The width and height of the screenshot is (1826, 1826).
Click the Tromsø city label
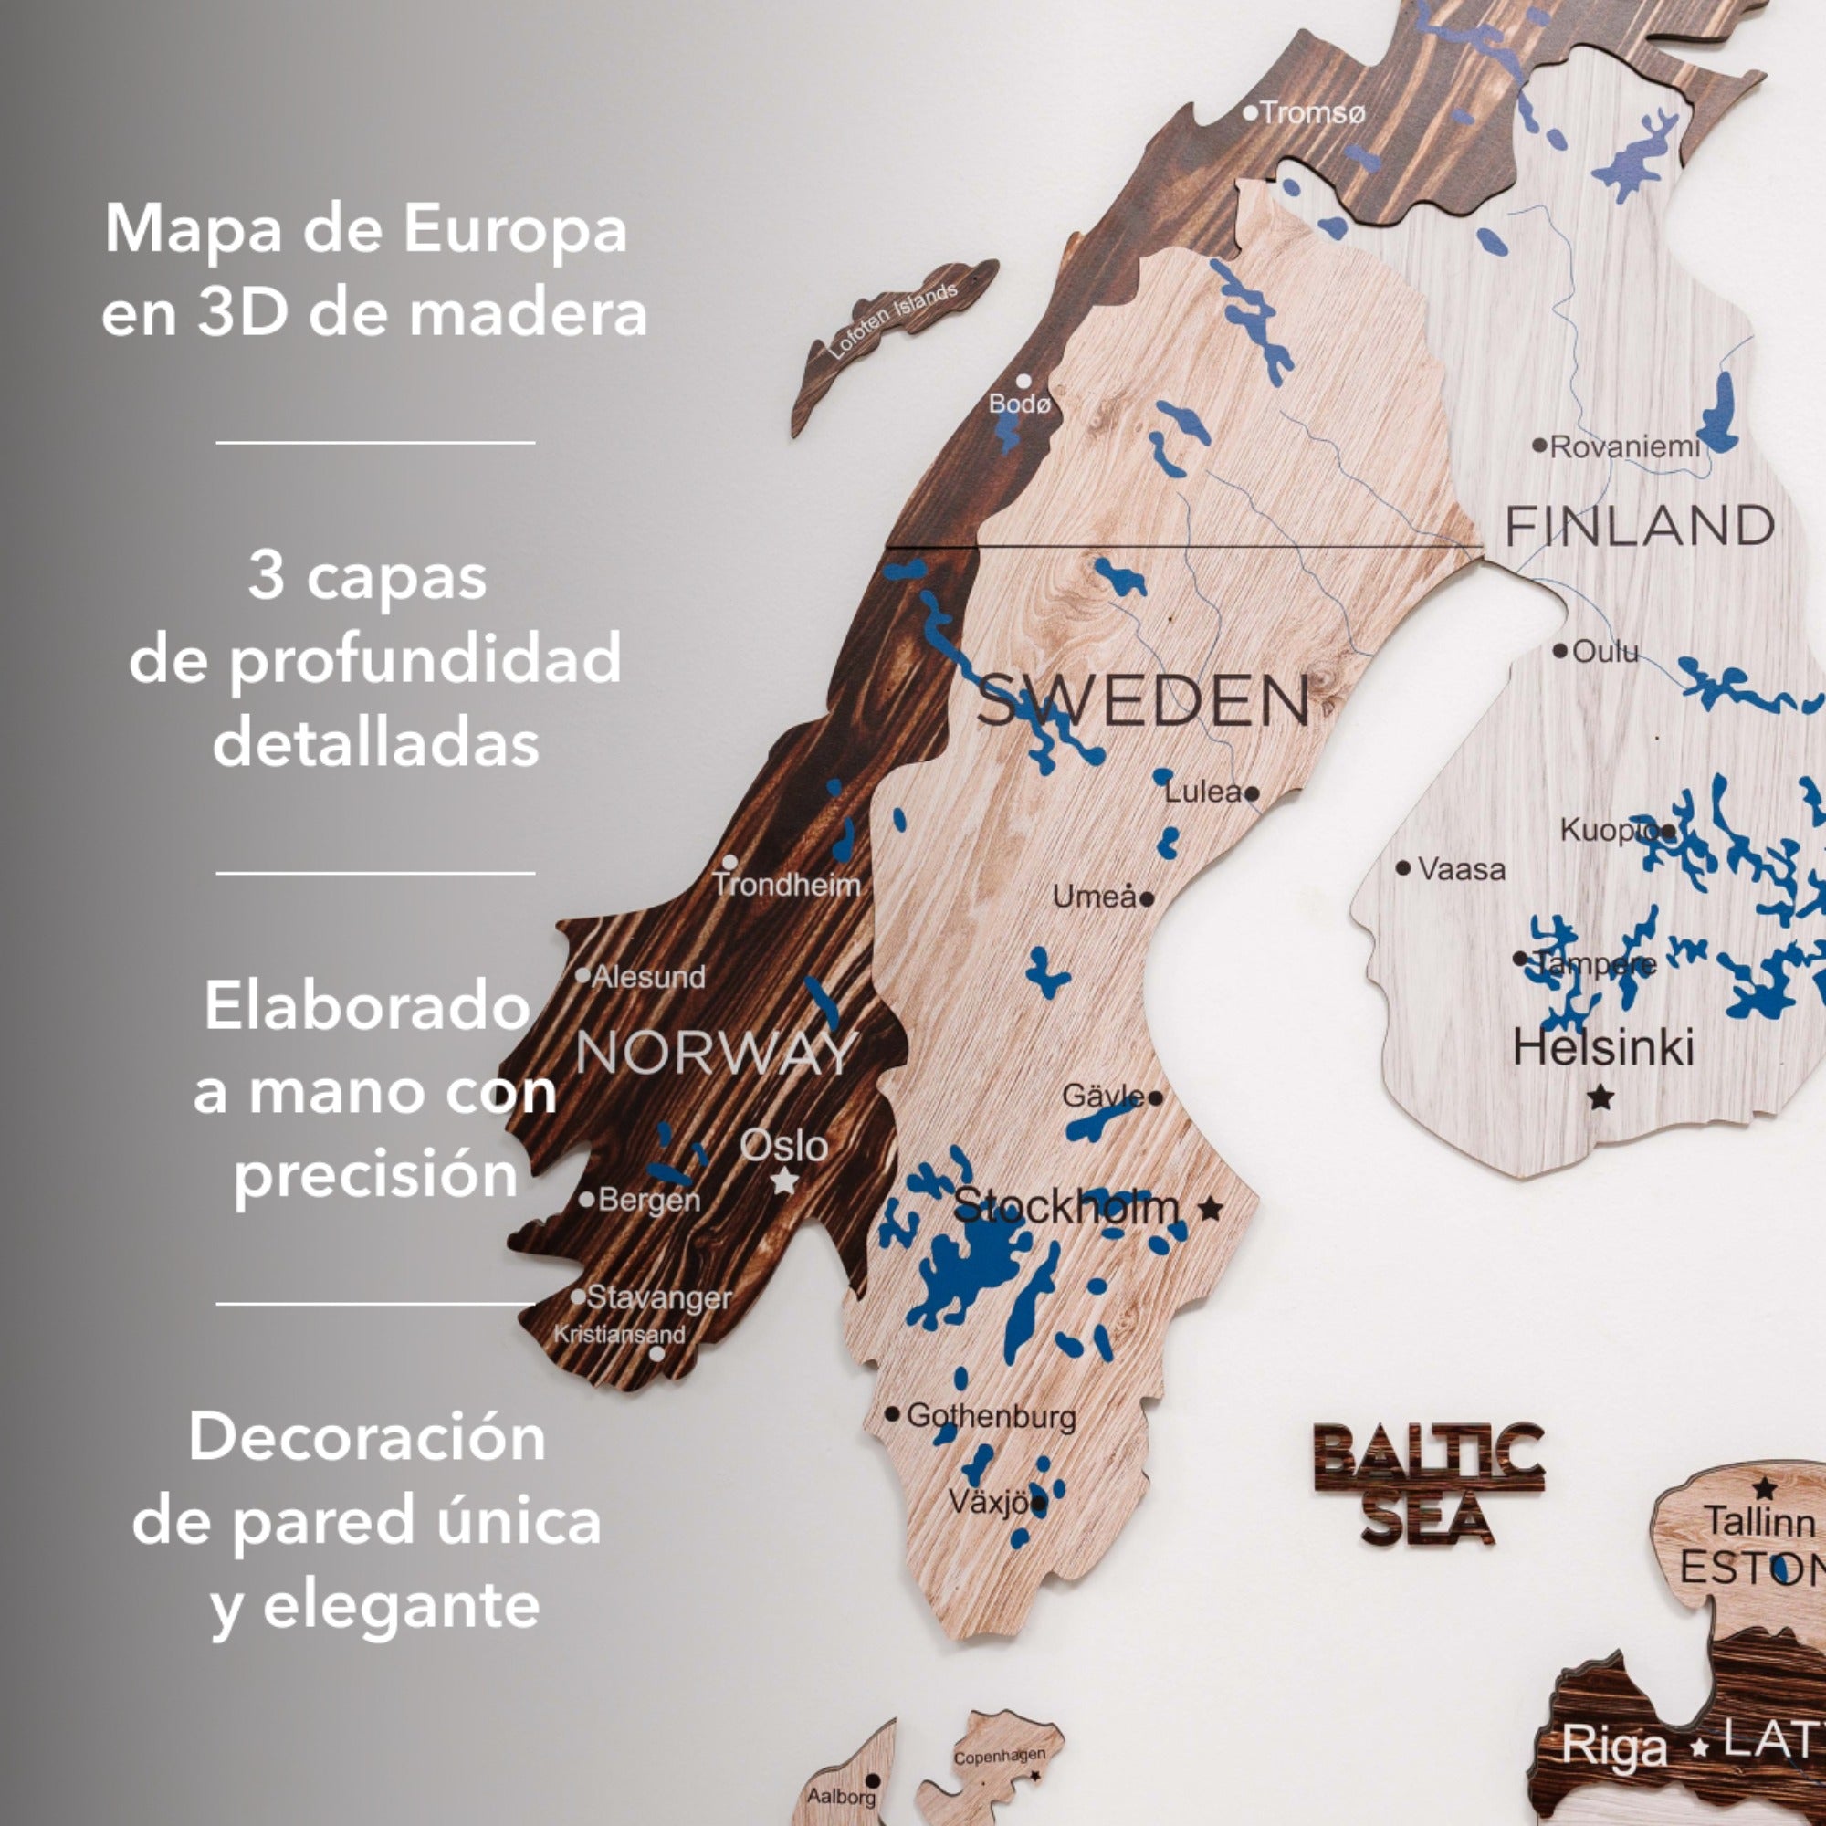pyautogui.click(x=1312, y=113)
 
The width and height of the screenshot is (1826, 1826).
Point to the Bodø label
pyautogui.click(x=1020, y=404)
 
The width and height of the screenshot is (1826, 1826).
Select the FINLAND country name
pyautogui.click(x=1640, y=526)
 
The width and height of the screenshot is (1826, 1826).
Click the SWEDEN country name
pyautogui.click(x=1144, y=701)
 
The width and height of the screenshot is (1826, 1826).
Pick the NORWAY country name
pyautogui.click(x=717, y=1052)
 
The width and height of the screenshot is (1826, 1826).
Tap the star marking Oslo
pyautogui.click(x=783, y=1181)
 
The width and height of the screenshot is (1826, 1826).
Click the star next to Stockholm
pyautogui.click(x=1210, y=1208)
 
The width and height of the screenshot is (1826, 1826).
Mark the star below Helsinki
pyautogui.click(x=1600, y=1097)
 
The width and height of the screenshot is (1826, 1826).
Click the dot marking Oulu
pyautogui.click(x=1560, y=650)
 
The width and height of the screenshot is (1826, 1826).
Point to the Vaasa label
pyautogui.click(x=1461, y=868)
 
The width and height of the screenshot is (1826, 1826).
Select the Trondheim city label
pyautogui.click(x=787, y=886)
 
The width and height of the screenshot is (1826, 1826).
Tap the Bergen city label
pyautogui.click(x=649, y=1201)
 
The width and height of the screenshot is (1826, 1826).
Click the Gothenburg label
pyautogui.click(x=992, y=1416)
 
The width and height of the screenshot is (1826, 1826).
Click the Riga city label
pyautogui.click(x=1613, y=1745)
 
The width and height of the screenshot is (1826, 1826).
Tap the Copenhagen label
pyautogui.click(x=999, y=1757)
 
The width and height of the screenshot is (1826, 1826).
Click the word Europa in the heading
pyautogui.click(x=515, y=229)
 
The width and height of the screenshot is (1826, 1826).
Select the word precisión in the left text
pyautogui.click(x=376, y=1175)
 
